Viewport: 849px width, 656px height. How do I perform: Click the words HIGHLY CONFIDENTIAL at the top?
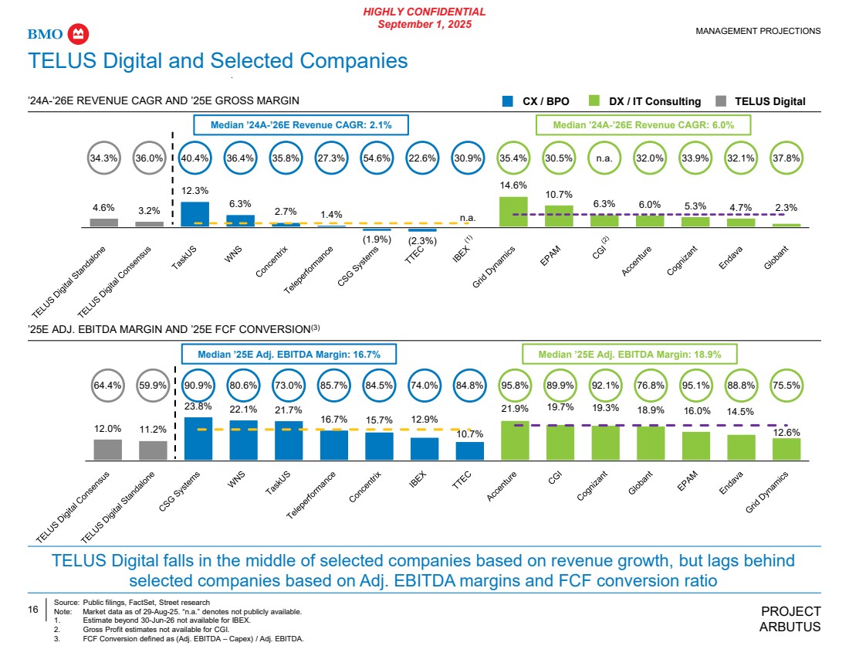click(x=424, y=12)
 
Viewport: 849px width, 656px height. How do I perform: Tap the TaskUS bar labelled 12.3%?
click(x=194, y=214)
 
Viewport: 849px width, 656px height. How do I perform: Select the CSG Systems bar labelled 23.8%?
click(x=198, y=438)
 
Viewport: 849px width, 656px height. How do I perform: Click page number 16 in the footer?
click(x=33, y=610)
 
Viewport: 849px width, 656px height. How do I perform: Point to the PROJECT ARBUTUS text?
click(x=790, y=619)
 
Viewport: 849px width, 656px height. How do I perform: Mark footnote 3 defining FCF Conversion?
click(x=193, y=638)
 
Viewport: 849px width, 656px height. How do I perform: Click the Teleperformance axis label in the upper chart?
click(x=309, y=270)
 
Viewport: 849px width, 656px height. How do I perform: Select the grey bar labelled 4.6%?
click(x=104, y=223)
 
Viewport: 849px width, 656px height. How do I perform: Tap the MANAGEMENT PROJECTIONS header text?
click(x=758, y=31)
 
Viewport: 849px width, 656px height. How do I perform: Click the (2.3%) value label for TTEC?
click(x=422, y=241)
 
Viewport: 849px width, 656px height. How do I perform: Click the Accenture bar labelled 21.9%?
click(x=515, y=440)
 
